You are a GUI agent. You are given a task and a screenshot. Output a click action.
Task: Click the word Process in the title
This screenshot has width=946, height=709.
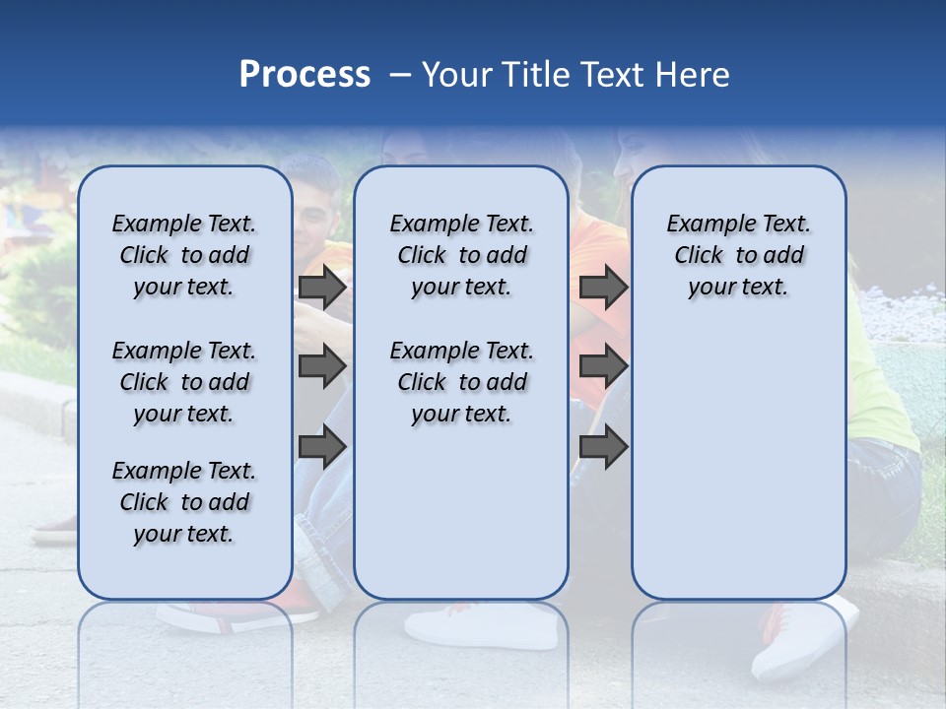pos(304,75)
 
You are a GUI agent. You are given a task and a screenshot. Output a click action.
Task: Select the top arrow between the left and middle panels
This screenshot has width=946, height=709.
pos(322,288)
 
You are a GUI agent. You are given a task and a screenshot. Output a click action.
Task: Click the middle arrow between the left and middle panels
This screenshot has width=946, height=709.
pos(322,366)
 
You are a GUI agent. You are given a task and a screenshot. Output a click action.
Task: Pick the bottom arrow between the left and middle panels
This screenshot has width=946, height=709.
pos(322,447)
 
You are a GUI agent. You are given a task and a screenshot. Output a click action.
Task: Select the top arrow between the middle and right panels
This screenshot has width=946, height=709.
pos(603,288)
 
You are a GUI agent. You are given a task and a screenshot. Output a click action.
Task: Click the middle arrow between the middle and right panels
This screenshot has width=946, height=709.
pos(603,366)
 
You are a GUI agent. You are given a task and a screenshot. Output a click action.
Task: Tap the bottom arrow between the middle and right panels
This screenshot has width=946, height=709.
pos(603,447)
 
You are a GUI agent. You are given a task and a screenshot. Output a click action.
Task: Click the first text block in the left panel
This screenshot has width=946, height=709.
pos(184,256)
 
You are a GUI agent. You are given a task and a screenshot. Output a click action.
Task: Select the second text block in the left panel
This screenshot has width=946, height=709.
pos(184,382)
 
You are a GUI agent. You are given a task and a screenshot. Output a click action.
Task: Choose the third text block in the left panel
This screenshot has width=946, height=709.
pos(184,502)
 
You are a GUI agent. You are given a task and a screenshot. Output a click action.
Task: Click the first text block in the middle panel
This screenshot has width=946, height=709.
pos(461,256)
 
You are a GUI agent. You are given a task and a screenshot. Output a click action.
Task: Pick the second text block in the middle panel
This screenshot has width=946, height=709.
pos(461,382)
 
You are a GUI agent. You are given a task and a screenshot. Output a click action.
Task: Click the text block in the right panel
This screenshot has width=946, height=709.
pos(738,256)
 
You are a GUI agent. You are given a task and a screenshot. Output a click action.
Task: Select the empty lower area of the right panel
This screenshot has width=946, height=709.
pos(738,463)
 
